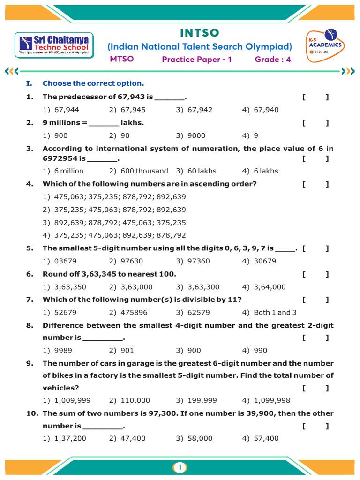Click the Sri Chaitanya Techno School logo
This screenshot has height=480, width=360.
coord(54,45)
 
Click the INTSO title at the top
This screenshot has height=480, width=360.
coord(199,33)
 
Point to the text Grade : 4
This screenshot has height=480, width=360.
coord(272,59)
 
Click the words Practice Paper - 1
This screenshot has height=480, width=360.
coord(197,59)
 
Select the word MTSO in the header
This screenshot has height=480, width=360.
coord(121,59)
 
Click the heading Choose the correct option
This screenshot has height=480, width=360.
coord(93,83)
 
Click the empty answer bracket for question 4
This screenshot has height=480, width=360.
coord(315,184)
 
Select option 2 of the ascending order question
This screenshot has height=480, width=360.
coord(120,210)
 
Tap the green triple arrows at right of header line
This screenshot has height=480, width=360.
coord(349,71)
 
